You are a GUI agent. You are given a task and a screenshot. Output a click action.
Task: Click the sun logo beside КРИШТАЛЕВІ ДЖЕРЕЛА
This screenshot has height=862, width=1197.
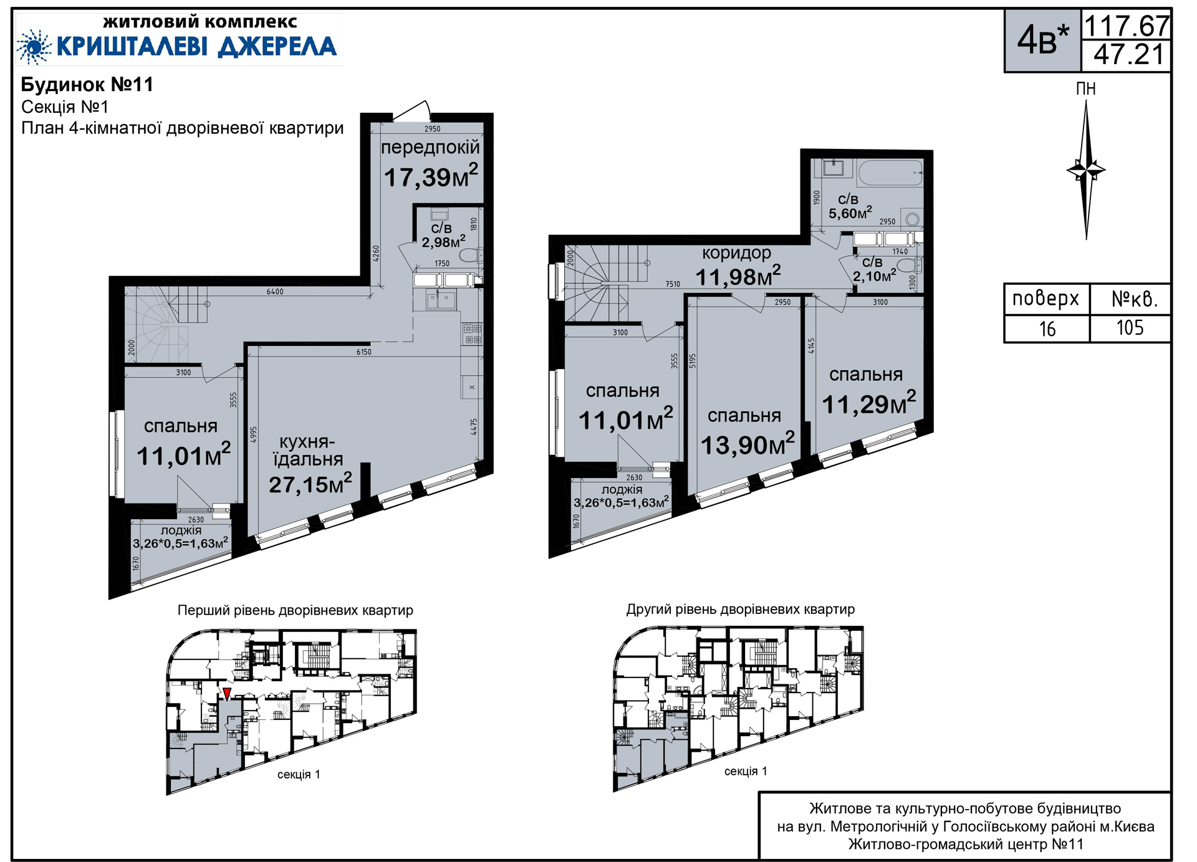[34, 47]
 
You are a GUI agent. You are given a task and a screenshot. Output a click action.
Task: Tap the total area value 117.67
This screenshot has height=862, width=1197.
[1127, 26]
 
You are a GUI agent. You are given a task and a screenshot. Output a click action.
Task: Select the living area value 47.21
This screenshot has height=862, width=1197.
[1128, 55]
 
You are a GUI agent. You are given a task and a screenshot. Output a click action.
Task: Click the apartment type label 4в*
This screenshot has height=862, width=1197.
[1042, 40]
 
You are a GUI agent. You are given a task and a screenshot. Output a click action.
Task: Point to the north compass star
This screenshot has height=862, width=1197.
[1086, 170]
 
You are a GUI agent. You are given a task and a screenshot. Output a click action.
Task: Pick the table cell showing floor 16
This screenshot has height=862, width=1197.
[1047, 329]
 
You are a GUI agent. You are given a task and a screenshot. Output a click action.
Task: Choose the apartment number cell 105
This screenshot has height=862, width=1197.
[1130, 328]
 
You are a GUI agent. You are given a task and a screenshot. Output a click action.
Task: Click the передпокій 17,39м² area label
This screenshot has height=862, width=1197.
[431, 164]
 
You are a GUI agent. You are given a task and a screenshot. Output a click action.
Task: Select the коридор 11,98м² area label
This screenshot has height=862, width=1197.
[738, 266]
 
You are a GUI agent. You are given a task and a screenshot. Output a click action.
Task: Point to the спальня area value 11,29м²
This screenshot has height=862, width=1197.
[869, 403]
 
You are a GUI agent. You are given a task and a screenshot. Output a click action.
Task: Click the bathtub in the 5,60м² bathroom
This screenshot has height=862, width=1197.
[890, 173]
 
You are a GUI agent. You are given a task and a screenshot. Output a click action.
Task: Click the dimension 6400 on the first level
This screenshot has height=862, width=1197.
[275, 292]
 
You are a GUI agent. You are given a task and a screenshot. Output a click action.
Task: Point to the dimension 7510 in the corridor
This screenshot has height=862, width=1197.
[673, 284]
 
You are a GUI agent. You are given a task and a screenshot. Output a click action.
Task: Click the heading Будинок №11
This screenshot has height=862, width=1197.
[87, 85]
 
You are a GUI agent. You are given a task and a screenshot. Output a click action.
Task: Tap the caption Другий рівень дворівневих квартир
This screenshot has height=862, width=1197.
[741, 610]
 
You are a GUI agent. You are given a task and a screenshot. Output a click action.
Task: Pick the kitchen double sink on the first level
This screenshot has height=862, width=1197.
[441, 300]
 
